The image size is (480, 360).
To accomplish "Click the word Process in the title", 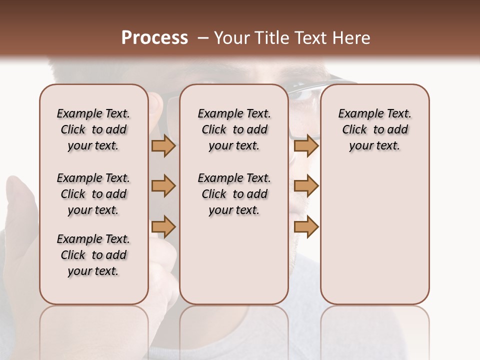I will [x=154, y=38].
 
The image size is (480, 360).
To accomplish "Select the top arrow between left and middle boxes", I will [x=163, y=146].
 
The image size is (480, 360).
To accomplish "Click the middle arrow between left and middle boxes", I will [x=163, y=186].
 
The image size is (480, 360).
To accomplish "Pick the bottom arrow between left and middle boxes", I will [x=163, y=226].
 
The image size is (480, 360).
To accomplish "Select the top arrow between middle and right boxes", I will [x=306, y=146].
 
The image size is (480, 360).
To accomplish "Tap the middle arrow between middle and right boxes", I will [x=306, y=186].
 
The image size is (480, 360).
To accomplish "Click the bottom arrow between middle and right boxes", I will [x=306, y=226].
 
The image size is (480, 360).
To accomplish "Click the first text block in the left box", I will [x=93, y=129].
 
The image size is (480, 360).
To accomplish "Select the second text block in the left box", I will [x=93, y=194].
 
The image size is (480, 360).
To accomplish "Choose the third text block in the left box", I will [x=93, y=255].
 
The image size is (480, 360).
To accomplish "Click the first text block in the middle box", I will [x=234, y=129].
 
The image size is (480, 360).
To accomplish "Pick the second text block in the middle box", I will [x=234, y=194].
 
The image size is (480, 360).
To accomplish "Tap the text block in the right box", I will [x=374, y=129].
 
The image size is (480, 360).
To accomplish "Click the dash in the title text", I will [x=202, y=38].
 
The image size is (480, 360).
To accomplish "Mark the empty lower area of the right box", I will [x=374, y=235].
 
